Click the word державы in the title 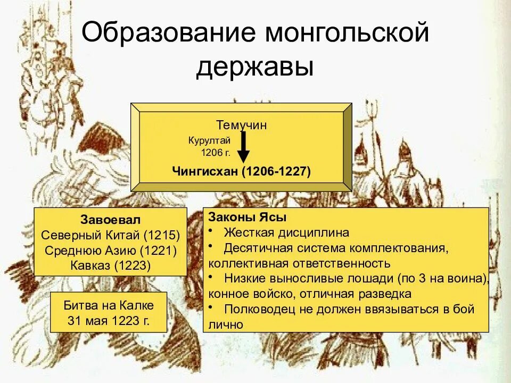click(254, 66)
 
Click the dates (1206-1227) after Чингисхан click(277, 171)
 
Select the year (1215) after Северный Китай click(162, 235)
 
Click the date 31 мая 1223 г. click(109, 321)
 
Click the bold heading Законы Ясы click(248, 218)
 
